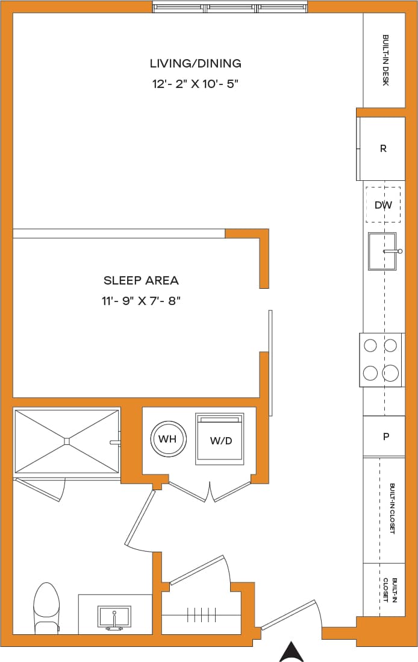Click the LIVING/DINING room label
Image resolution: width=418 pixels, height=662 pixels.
195,63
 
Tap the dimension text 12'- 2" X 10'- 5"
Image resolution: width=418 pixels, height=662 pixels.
195,84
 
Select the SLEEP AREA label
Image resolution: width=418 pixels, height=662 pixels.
141,280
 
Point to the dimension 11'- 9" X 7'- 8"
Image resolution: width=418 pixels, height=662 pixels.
141,301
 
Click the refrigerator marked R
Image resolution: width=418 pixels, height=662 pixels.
382,148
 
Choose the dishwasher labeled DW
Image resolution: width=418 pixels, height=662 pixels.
383,205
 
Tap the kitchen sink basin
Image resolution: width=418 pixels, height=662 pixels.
382,251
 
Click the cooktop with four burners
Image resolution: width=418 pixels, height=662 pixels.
382,359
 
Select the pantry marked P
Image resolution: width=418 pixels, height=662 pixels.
385,437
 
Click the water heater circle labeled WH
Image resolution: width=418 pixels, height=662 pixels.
167,439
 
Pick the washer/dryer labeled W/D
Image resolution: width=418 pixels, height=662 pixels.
220,440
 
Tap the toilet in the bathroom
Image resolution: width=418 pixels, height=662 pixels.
46,607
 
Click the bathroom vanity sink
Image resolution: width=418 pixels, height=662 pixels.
114,617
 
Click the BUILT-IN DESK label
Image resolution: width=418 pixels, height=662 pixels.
385,60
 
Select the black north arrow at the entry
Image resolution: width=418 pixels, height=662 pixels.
292,651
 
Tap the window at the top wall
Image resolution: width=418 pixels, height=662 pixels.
230,8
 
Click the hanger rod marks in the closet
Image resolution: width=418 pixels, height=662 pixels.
197,615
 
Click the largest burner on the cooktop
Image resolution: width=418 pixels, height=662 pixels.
391,373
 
